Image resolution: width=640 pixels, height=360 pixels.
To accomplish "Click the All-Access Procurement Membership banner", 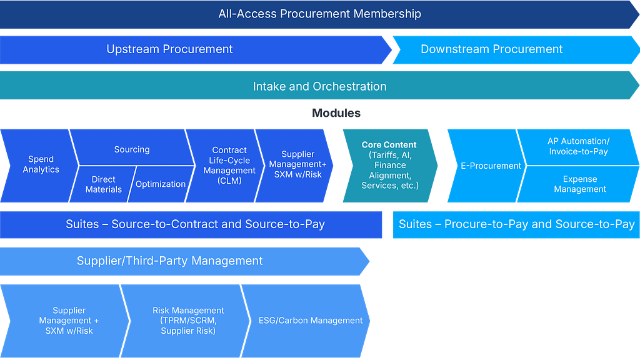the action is [319, 14].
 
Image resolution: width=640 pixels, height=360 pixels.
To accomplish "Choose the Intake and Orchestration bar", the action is [319, 86].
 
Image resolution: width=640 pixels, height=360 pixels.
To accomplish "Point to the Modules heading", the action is [336, 113].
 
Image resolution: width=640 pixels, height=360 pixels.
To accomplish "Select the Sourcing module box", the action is [132, 147].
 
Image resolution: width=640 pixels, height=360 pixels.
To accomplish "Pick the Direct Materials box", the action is [103, 184].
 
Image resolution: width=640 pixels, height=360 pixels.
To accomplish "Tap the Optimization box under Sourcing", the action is [161, 184].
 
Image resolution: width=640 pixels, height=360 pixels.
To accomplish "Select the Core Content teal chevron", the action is [390, 166].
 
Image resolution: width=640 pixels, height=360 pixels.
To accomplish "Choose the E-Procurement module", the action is [486, 166].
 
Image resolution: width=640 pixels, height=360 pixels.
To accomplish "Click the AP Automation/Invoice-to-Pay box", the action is [578, 147].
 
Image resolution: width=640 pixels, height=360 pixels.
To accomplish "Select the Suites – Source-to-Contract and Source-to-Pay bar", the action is [191, 224].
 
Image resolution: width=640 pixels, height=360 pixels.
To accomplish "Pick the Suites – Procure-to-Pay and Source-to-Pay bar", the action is [516, 224].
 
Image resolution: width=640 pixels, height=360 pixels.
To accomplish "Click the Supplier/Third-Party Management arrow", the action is [184, 261].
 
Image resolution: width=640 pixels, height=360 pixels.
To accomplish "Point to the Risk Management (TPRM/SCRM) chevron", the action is [186, 321].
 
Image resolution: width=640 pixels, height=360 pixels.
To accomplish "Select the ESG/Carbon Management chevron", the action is [306, 321].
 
